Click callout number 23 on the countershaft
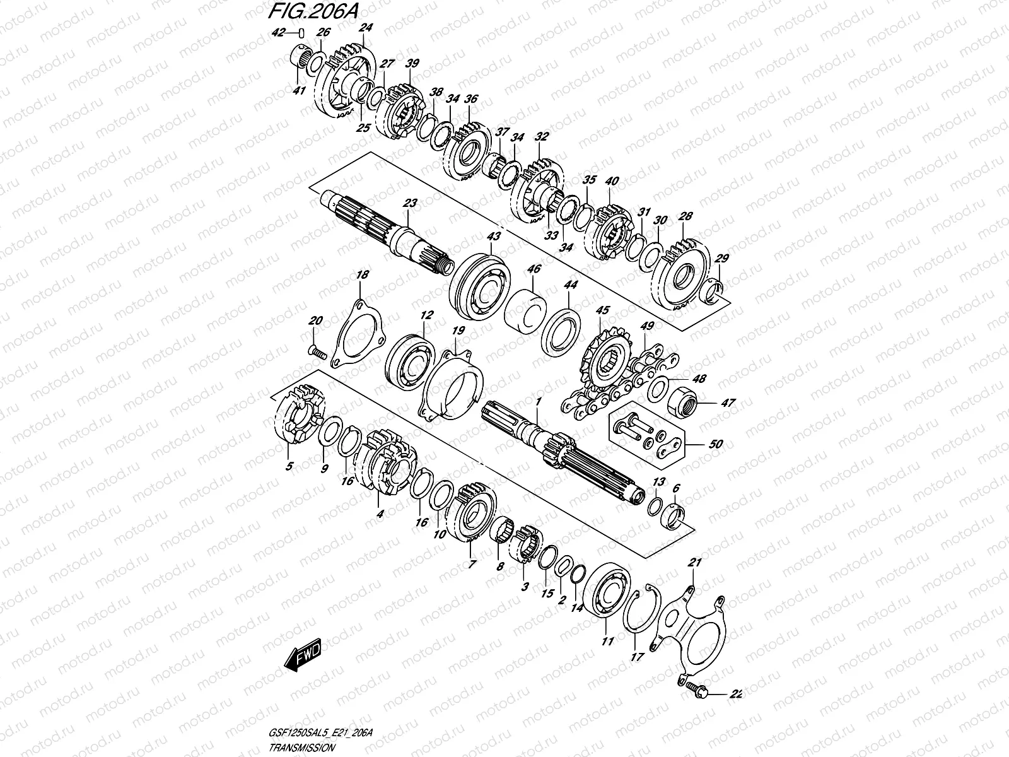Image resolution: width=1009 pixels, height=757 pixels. click(410, 204)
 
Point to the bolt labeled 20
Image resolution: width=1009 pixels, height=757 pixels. click(316, 351)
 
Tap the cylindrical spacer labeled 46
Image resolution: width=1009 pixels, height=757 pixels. click(525, 309)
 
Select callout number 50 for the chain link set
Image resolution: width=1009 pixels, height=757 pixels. click(715, 444)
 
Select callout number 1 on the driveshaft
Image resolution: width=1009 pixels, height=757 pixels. click(538, 401)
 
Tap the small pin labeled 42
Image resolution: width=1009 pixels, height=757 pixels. click(301, 33)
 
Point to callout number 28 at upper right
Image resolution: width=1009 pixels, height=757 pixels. click(685, 217)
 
